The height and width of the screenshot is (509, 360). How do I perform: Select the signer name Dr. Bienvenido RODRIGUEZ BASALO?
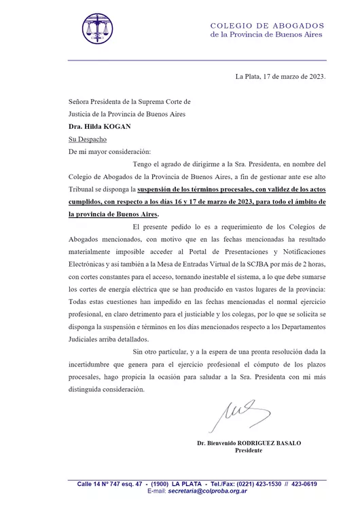click(x=249, y=443)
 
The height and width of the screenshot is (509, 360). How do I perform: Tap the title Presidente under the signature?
click(x=249, y=451)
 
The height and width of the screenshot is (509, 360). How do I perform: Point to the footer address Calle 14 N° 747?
click(x=103, y=483)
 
